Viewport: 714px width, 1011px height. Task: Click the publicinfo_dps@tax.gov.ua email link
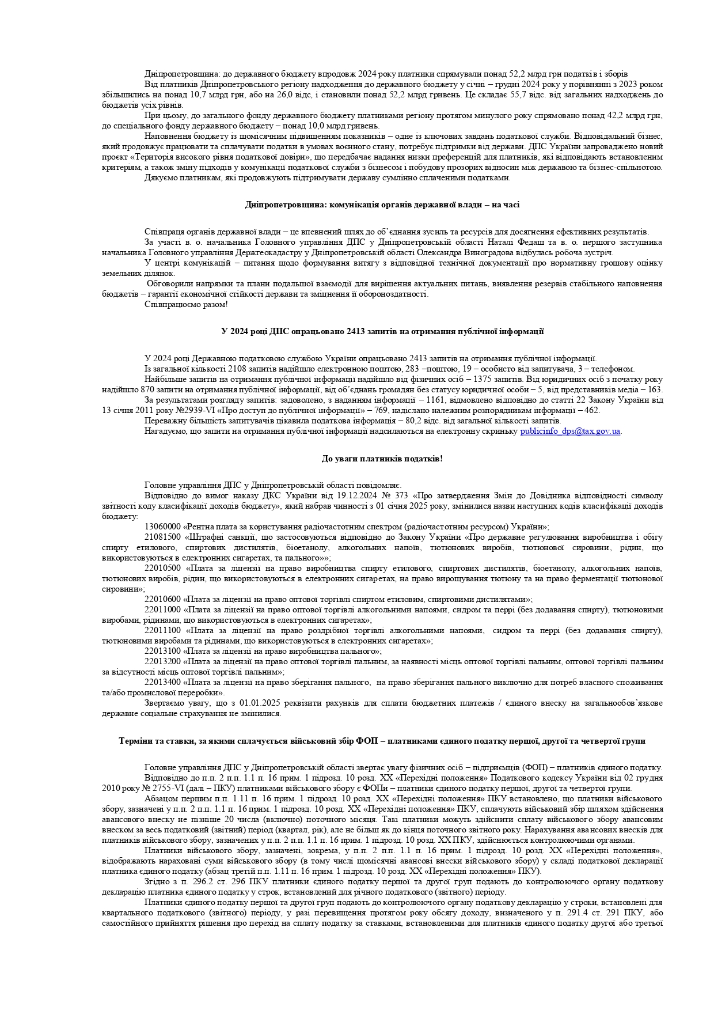pos(570,431)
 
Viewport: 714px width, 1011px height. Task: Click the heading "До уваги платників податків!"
pos(382,459)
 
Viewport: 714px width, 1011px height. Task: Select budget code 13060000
pos(162,527)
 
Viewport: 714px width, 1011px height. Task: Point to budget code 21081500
pos(162,537)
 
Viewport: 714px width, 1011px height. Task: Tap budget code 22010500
pos(162,568)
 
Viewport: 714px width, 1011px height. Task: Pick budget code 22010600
pos(162,599)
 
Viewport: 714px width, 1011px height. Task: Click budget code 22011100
pos(162,630)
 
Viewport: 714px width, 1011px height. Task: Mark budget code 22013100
pos(162,651)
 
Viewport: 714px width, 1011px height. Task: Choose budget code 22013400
pos(162,682)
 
